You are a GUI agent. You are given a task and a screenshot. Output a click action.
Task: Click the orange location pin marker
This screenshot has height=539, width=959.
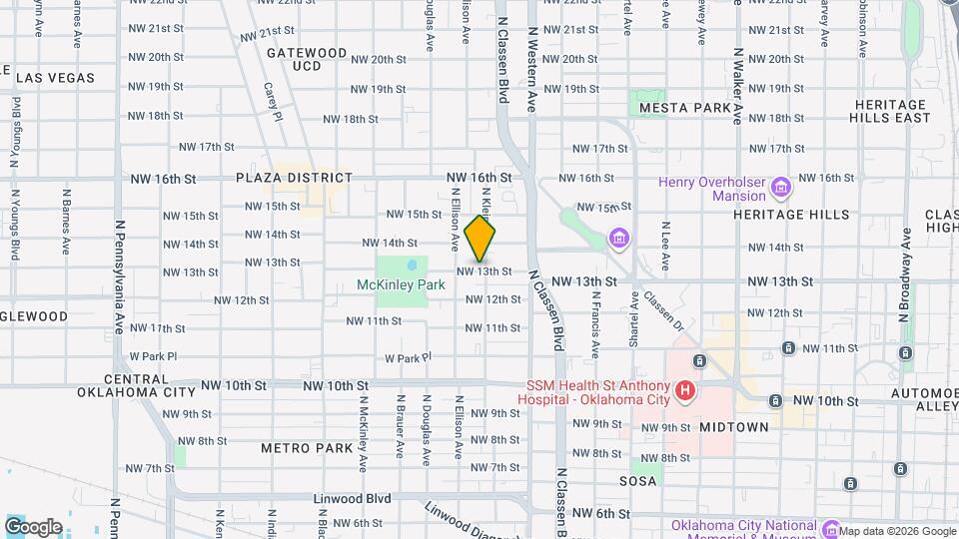point(480,239)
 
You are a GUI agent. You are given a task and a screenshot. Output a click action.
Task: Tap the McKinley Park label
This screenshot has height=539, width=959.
point(401,284)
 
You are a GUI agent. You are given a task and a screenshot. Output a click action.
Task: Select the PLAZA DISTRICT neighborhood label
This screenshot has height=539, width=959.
point(294,178)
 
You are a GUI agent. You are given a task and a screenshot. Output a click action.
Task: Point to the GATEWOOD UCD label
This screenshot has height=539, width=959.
point(306,59)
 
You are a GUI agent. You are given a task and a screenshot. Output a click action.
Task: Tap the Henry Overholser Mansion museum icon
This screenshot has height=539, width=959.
point(781,187)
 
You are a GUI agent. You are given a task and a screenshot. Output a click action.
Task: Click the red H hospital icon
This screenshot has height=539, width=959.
point(685,391)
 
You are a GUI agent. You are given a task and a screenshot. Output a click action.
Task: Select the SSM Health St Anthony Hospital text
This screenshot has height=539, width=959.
point(592,392)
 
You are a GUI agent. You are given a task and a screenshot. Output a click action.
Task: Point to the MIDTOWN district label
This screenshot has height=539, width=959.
point(733,427)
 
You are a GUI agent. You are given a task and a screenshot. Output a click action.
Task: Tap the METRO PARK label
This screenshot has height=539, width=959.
point(307,448)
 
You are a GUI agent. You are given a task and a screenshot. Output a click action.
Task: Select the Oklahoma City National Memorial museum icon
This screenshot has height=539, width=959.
point(830,527)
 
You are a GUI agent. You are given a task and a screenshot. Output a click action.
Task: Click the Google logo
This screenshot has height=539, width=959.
point(33,526)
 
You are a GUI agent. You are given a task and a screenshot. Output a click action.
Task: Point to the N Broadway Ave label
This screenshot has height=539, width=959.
point(905,274)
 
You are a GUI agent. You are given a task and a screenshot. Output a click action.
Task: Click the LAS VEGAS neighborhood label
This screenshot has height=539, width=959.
point(55,78)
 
